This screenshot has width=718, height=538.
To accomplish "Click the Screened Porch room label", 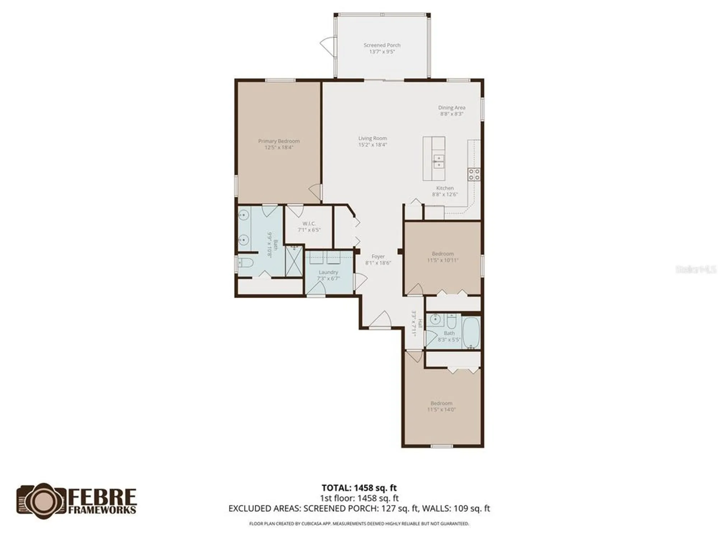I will [x=382, y=45].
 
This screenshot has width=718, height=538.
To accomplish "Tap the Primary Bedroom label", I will [x=279, y=141].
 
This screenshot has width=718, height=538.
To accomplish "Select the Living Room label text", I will [x=372, y=138].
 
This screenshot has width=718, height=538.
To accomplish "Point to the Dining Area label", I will [x=452, y=108].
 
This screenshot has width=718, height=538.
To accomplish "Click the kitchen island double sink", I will [x=438, y=161].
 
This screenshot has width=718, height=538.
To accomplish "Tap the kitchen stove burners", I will [x=474, y=174].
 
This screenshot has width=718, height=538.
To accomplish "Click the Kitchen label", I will [x=445, y=188].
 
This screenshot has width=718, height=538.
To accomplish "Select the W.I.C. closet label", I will [x=309, y=223].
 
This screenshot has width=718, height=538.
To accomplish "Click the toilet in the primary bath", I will [x=246, y=263].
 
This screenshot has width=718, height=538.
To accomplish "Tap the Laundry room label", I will [x=328, y=272].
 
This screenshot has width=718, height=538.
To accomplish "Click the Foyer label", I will [x=378, y=256].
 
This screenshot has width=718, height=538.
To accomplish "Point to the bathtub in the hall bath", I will [x=471, y=332].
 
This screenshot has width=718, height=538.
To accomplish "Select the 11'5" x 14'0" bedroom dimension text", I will [x=441, y=410].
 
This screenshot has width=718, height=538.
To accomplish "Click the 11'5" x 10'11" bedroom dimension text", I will [x=443, y=260].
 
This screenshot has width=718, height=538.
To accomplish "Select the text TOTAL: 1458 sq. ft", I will [x=359, y=488].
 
